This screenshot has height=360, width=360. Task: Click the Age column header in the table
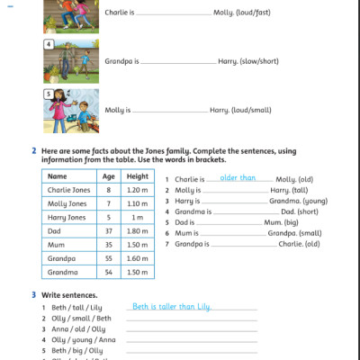[109, 177]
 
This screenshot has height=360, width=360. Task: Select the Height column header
[138, 177]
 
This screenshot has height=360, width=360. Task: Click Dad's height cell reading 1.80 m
[138, 231]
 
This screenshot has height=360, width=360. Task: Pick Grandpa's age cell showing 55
[109, 258]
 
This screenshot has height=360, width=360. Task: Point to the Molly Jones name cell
[67, 204]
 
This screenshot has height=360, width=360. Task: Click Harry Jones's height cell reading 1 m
[138, 218]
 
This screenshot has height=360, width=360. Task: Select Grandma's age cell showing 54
[109, 272]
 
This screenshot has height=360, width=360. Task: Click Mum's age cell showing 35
[109, 245]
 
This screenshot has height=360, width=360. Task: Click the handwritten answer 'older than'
[238, 178]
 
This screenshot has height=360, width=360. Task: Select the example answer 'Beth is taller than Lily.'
[171, 307]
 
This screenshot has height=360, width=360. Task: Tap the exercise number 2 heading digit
[34, 150]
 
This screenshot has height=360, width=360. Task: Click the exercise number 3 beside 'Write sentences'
[34, 294]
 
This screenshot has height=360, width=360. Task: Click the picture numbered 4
[72, 58]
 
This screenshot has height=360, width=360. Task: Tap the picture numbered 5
[72, 108]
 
